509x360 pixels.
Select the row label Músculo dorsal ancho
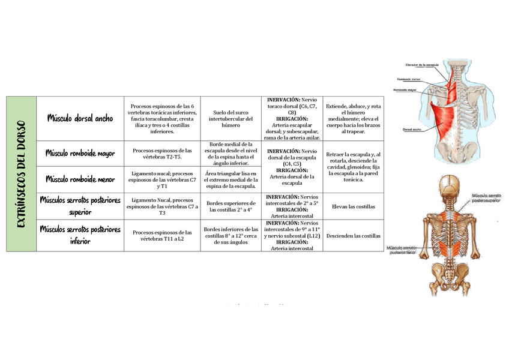coord(80,118)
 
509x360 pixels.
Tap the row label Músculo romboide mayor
coord(80,153)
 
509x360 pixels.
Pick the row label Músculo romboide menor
coord(80,178)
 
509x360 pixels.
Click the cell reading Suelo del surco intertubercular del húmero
coord(230,118)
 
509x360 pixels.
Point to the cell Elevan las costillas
coord(353,206)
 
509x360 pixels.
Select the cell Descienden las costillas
coord(353,236)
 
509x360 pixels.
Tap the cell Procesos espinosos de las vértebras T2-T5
coord(162,153)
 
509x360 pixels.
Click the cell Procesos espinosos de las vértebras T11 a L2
coord(162,235)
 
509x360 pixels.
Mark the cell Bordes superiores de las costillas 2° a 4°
coord(230,206)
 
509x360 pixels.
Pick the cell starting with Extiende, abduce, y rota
coord(353,118)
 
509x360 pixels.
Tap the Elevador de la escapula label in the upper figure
coord(423,64)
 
